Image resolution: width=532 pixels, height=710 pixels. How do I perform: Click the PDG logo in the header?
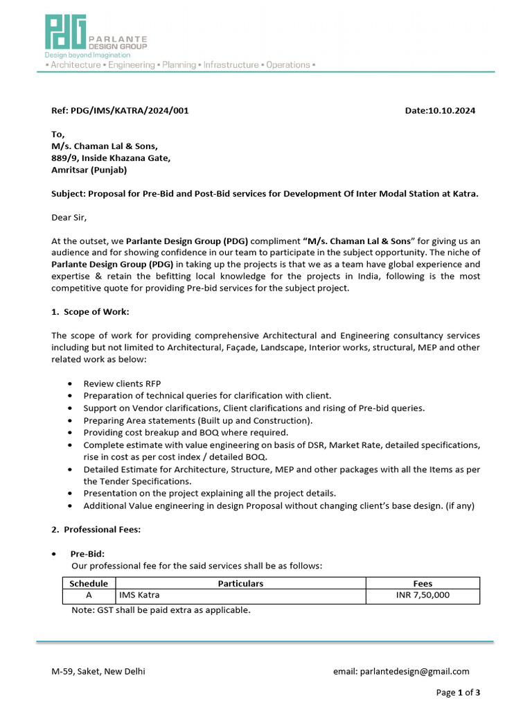pos(66,32)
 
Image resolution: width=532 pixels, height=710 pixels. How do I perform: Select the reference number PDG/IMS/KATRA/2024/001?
pos(130,110)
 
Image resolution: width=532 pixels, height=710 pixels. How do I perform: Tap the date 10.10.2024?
pos(452,110)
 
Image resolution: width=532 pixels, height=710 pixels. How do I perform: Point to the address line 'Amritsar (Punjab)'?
pos(89,169)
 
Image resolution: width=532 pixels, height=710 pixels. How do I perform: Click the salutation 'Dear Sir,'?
pos(69,217)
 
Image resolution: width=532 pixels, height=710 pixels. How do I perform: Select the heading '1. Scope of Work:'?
pos(90,312)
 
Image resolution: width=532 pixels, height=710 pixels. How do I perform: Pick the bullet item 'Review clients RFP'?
pos(122,383)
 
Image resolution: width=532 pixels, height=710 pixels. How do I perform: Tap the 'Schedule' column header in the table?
pos(89,584)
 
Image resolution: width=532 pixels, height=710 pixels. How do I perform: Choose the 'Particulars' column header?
pos(240,584)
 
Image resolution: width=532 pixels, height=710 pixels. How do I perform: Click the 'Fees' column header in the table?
pos(423,584)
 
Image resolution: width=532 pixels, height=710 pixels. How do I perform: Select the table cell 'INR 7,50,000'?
pos(423,596)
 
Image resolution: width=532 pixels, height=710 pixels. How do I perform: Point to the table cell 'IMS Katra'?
pos(143,596)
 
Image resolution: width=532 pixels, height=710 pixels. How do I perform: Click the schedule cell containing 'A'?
pos(89,596)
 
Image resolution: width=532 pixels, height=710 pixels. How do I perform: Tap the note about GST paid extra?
pos(161,610)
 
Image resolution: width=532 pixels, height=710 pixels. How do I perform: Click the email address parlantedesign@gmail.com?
pos(415,671)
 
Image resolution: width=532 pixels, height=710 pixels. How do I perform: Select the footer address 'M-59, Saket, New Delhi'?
pos(98,671)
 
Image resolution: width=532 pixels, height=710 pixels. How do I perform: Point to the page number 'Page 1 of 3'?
pos(458,692)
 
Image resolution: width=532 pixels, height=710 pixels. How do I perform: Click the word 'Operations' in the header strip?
pos(288,64)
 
